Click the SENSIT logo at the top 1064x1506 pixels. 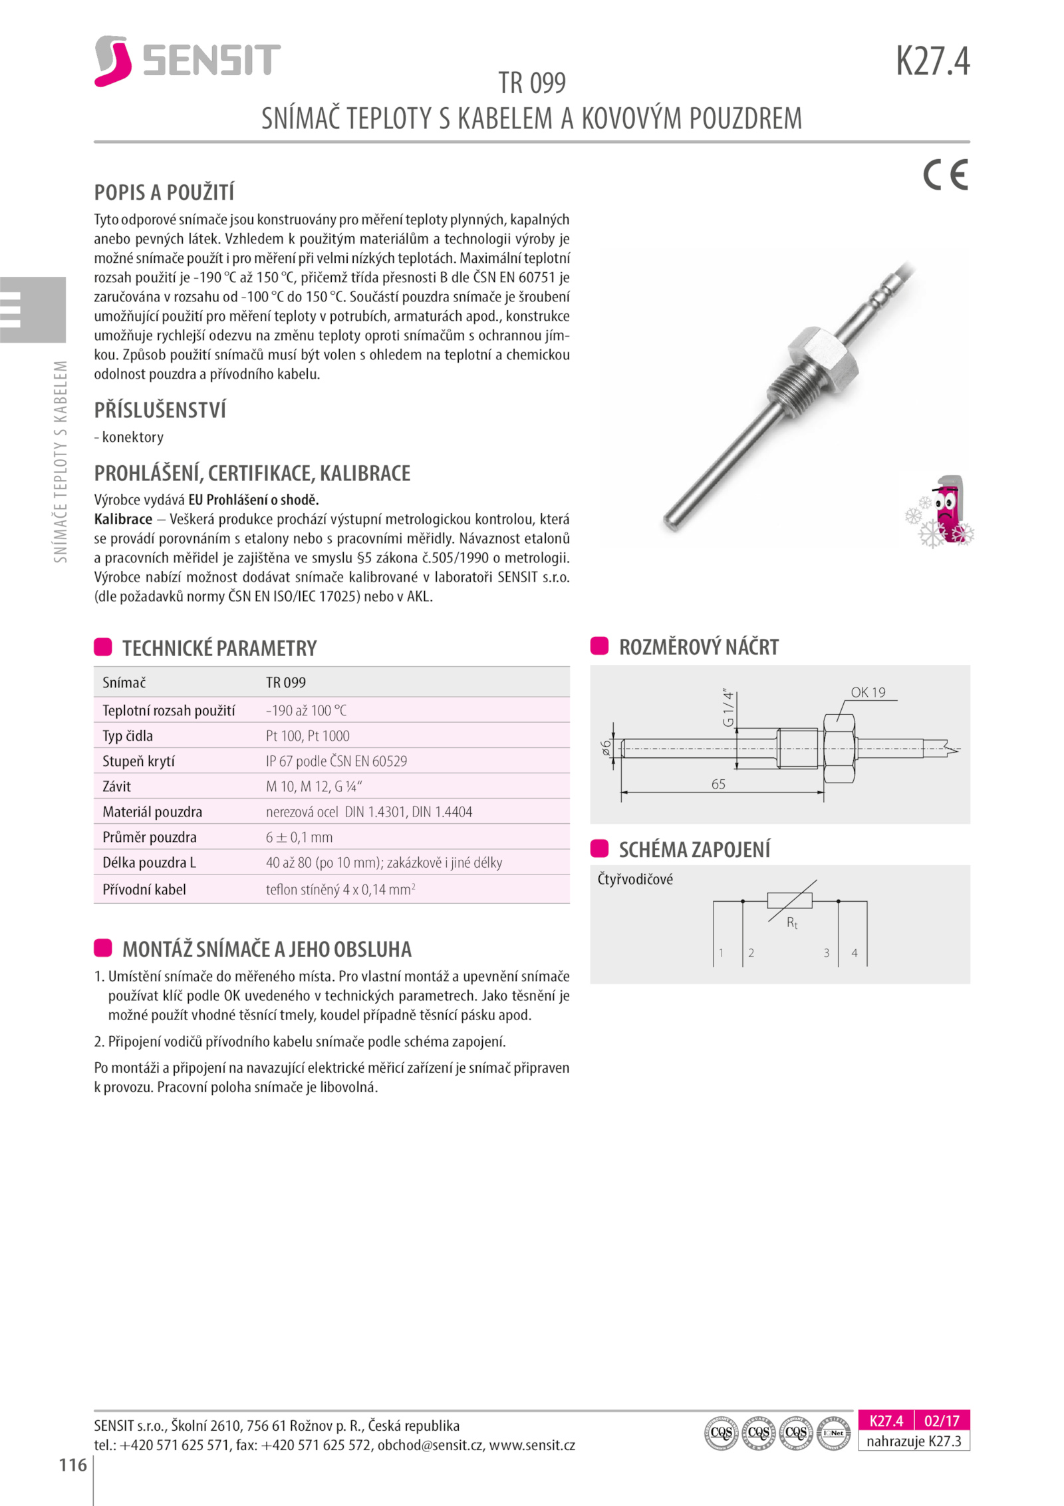187,61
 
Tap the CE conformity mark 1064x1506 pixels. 945,175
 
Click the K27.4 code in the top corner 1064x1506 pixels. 932,61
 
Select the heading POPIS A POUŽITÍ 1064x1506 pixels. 164,193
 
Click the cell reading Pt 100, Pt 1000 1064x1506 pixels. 307,735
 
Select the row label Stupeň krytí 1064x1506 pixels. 138,761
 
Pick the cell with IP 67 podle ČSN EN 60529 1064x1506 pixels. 336,761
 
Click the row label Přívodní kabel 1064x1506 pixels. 144,889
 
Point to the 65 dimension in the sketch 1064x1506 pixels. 718,784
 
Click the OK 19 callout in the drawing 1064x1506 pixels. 868,692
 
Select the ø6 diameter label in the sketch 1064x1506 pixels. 606,747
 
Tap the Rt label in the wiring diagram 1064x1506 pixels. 792,922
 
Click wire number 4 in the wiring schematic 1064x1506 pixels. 855,953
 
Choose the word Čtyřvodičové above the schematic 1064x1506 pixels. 635,879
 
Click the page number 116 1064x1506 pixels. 73,1465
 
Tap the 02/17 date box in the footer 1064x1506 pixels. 942,1421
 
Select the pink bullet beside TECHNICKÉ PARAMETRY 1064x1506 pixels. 103,647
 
